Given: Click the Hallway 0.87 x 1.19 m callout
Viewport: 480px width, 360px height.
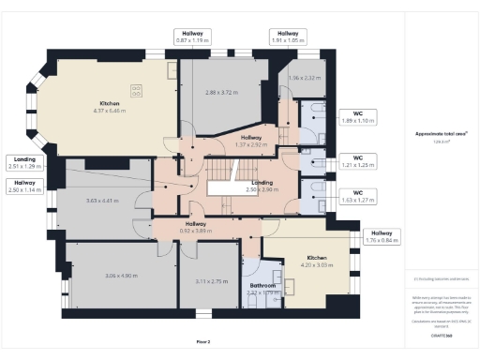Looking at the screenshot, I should pyautogui.click(x=193, y=37).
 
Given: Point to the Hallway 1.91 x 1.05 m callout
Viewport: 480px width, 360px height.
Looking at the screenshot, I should pyautogui.click(x=289, y=37).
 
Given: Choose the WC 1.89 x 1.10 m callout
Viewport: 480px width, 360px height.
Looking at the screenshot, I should pyautogui.click(x=357, y=117).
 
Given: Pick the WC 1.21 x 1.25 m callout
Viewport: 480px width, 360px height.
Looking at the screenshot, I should pyautogui.click(x=357, y=161).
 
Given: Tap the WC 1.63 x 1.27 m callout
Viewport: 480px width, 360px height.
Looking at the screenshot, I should pyautogui.click(x=357, y=196).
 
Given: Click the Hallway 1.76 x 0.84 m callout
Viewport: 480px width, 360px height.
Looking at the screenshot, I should pyautogui.click(x=382, y=236).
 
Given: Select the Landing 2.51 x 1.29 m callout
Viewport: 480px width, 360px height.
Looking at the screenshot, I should pyautogui.click(x=25, y=162).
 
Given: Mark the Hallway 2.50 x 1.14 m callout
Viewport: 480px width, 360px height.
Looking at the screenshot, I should pyautogui.click(x=25, y=186).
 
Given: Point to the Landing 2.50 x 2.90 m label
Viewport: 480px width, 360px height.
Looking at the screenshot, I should pyautogui.click(x=262, y=186).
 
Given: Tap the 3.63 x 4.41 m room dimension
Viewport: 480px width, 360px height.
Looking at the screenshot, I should pyautogui.click(x=103, y=201).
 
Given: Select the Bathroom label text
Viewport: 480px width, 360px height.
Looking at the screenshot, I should pyautogui.click(x=262, y=286).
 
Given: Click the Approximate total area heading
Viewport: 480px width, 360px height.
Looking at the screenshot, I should pyautogui.click(x=442, y=134).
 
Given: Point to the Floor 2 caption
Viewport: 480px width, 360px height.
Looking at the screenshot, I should pyautogui.click(x=203, y=341).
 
